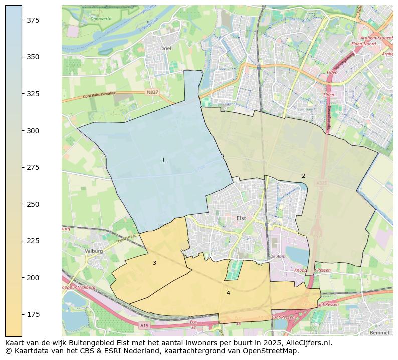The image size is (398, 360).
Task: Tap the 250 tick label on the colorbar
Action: point(33,204)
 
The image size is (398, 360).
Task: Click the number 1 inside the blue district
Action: point(163,160)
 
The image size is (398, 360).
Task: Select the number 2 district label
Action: point(303,176)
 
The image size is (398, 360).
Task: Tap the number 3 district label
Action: point(154,263)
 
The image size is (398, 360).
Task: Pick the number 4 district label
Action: point(228,293)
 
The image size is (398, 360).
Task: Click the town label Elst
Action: point(241,218)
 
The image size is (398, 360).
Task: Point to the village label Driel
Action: point(165,49)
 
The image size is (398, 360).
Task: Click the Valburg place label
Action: point(94,251)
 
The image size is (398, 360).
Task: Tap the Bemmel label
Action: point(378,332)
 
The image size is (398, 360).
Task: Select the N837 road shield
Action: point(152,92)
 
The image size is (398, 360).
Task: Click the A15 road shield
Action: point(144,326)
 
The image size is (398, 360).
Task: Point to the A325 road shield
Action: point(321,184)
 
